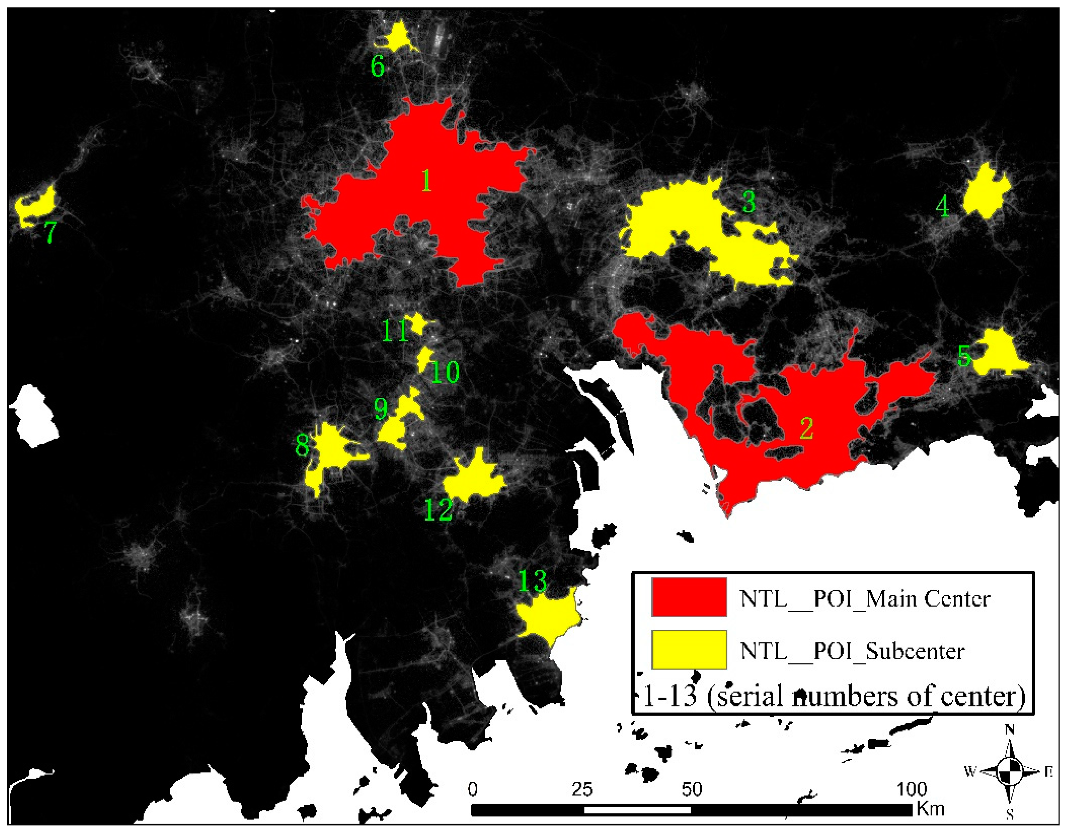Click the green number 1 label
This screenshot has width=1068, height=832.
(426, 181)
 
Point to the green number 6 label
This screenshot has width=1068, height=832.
(377, 67)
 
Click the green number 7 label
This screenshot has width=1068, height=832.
(50, 232)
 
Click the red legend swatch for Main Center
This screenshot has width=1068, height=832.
(689, 598)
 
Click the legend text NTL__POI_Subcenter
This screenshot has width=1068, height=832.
(852, 651)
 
